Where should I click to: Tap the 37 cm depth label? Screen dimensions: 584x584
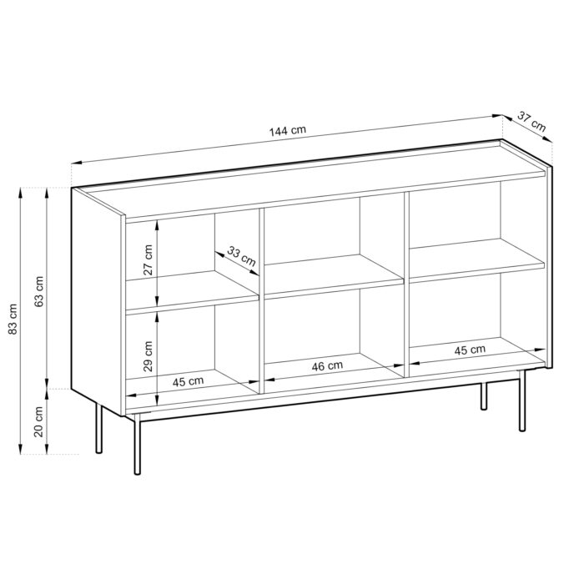[x=531, y=123]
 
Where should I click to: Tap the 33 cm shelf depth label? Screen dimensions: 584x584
[x=242, y=258]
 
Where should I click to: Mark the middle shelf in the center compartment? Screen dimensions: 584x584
[x=334, y=275]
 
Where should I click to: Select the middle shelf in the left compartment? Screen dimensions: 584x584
[x=192, y=294]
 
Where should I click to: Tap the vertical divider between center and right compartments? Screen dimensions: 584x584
[x=406, y=279]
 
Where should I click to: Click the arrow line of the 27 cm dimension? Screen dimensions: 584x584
[x=158, y=260]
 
